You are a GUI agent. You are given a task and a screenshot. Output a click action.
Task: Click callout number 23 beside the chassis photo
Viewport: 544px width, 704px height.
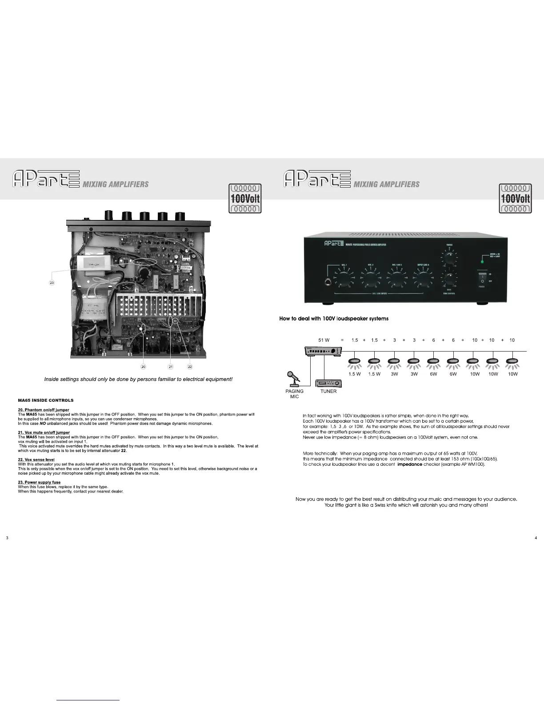pyautogui.click(x=52, y=283)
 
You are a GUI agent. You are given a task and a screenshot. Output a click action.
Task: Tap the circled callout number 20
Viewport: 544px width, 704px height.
pyautogui.click(x=143, y=367)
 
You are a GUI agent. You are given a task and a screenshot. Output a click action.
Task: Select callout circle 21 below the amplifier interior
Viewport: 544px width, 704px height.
pyautogui.click(x=171, y=367)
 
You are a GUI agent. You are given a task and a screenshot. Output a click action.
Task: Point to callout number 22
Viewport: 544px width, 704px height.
pyautogui.click(x=190, y=367)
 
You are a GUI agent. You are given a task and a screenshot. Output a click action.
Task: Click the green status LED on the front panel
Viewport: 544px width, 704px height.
pyautogui.click(x=483, y=256)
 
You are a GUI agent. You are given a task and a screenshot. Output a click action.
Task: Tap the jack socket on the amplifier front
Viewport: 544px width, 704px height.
pyautogui.click(x=329, y=281)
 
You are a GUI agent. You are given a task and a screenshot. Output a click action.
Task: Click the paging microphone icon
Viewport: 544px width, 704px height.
pyautogui.click(x=294, y=378)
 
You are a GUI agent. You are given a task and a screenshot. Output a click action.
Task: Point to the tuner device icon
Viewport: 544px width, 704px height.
pyautogui.click(x=328, y=383)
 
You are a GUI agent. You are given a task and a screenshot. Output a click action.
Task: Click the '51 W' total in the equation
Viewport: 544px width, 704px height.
pyautogui.click(x=324, y=340)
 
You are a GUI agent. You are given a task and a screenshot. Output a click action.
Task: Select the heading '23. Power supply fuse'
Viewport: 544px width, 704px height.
pyautogui.click(x=39, y=482)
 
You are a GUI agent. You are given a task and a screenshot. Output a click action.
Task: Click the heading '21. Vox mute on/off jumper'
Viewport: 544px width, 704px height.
pyautogui.click(x=44, y=432)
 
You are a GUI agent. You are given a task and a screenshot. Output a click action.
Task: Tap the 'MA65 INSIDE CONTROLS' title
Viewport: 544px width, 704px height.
pyautogui.click(x=45, y=400)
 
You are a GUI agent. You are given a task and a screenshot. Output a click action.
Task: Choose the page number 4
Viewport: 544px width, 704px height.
pyautogui.click(x=536, y=538)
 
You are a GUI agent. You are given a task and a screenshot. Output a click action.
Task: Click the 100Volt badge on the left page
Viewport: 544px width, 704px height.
pyautogui.click(x=245, y=198)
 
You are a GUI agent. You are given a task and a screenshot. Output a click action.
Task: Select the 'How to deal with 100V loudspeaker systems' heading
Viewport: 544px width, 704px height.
pyautogui.click(x=334, y=319)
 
